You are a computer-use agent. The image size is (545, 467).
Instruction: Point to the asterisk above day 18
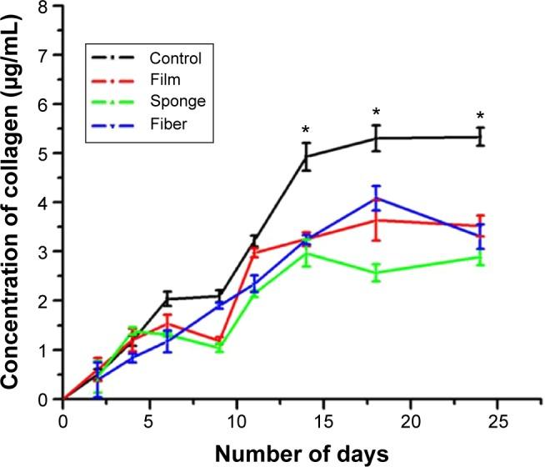tap(376, 113)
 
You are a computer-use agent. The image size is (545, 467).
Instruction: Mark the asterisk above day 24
tap(480, 117)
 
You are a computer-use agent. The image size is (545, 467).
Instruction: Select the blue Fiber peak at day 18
tap(376, 198)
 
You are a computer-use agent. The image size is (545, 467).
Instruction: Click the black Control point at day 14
tap(306, 157)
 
